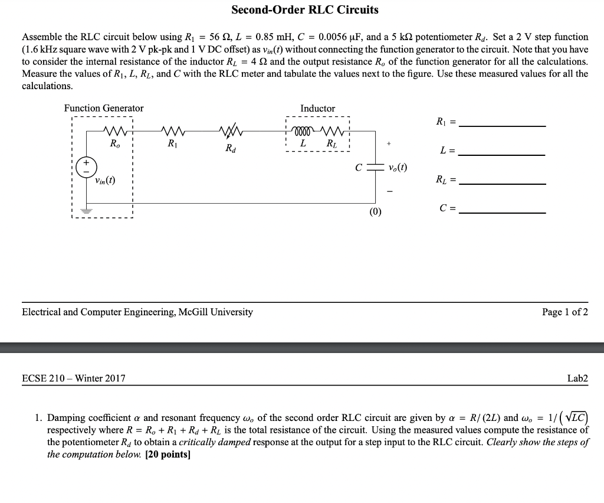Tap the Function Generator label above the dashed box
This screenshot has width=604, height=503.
(x=104, y=108)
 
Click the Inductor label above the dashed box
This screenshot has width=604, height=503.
(x=317, y=109)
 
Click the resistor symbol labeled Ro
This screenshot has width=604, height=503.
(x=112, y=130)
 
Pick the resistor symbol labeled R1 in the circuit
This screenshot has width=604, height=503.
(x=171, y=130)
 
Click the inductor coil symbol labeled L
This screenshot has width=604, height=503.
(x=303, y=130)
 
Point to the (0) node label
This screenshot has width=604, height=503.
(x=376, y=211)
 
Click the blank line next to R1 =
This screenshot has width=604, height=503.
(x=502, y=125)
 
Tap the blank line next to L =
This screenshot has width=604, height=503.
(x=502, y=154)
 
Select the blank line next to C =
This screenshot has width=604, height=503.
(x=502, y=212)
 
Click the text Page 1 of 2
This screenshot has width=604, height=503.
(x=564, y=312)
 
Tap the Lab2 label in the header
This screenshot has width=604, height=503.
(x=577, y=378)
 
